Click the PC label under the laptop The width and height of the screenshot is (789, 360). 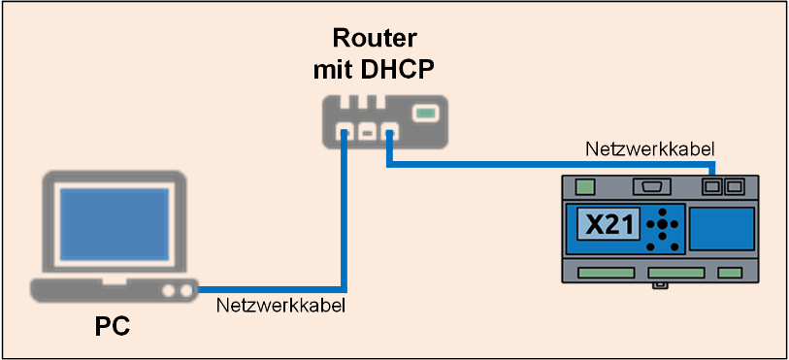[113, 326]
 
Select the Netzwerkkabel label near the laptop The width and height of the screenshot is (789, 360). [280, 306]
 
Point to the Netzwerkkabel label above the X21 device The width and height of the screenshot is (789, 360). [650, 148]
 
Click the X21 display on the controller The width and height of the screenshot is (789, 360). [608, 223]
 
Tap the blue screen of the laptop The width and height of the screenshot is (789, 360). [115, 224]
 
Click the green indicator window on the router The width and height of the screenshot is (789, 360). [425, 114]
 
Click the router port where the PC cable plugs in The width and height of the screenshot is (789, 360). [345, 132]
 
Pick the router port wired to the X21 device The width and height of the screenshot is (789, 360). [390, 132]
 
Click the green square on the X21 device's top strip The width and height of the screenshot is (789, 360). [584, 187]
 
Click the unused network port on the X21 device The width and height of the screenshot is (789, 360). [734, 187]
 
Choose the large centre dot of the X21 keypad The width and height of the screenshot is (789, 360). [662, 224]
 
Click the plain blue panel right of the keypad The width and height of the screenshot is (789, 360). [722, 229]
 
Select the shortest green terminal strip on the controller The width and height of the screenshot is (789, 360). [730, 273]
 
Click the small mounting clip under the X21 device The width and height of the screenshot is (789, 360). [660, 285]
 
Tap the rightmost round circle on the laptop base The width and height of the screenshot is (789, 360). [186, 290]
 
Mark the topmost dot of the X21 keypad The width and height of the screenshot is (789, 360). [662, 212]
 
